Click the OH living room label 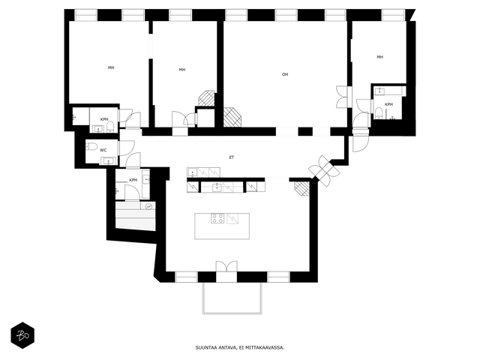click(x=285, y=74)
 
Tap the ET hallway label click(x=232, y=157)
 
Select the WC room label click(x=103, y=150)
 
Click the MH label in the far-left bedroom click(x=111, y=67)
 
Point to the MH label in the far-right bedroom click(x=380, y=57)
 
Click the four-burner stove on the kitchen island click(x=217, y=218)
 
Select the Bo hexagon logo click(x=22, y=335)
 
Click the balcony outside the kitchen click(x=232, y=298)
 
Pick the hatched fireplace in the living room click(x=232, y=117)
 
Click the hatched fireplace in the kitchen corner click(x=302, y=188)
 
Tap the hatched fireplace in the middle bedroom click(x=207, y=98)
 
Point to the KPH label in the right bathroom click(x=388, y=104)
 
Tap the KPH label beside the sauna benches click(x=133, y=180)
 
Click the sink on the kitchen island click(x=232, y=219)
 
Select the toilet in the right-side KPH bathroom click(x=379, y=112)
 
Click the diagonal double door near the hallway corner click(x=324, y=171)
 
